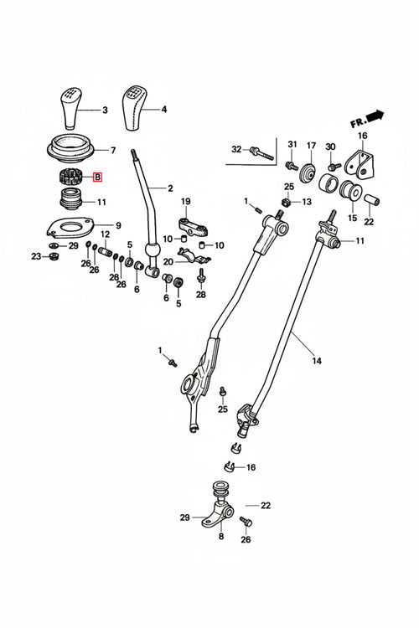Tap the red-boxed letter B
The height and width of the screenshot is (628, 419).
click(x=97, y=177)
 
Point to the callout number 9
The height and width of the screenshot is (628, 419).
click(x=118, y=225)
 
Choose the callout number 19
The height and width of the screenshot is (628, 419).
click(x=186, y=201)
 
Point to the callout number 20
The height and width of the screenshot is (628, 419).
click(x=168, y=261)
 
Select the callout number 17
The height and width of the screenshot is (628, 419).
click(x=310, y=145)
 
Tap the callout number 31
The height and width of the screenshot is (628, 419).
click(x=292, y=145)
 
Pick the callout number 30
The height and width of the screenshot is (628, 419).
click(x=330, y=147)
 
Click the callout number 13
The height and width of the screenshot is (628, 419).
click(x=306, y=202)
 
